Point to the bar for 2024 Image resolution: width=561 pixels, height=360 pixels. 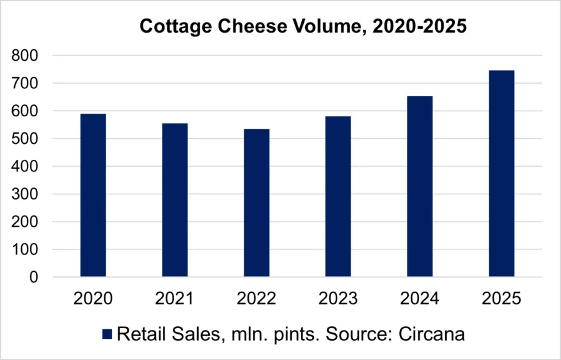tap(420, 186)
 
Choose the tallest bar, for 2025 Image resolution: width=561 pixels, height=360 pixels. tap(502, 173)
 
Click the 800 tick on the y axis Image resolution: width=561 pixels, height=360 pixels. tap(26, 56)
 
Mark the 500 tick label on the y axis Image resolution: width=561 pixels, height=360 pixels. tap(26, 139)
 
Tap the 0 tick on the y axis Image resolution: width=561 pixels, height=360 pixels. tap(33, 278)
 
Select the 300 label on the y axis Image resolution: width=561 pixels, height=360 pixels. tap(26, 194)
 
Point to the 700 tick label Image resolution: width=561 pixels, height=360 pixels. tap(26, 84)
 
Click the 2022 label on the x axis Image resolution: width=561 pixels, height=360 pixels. tap(257, 299)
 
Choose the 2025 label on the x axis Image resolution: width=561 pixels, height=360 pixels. tap(502, 299)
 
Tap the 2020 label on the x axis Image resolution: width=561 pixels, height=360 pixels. tap(93, 299)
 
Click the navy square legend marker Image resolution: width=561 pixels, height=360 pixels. tap(107, 334)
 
